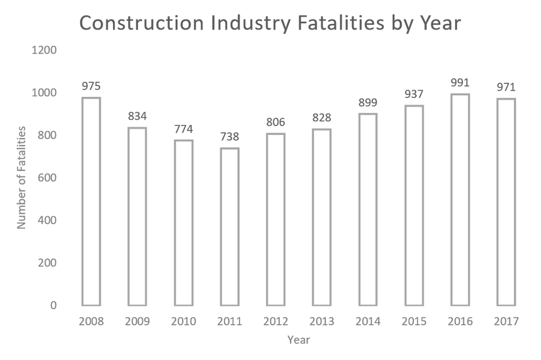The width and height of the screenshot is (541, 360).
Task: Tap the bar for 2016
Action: [460, 198]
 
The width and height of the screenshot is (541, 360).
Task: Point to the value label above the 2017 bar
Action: [506, 87]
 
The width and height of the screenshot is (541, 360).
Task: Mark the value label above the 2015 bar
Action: [414, 93]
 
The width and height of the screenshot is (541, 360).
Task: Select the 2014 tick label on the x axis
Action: [368, 321]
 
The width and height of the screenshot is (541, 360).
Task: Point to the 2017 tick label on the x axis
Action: [506, 321]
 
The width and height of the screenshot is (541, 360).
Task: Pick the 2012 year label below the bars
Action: [276, 321]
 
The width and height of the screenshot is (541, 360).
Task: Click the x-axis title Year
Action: [299, 341]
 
